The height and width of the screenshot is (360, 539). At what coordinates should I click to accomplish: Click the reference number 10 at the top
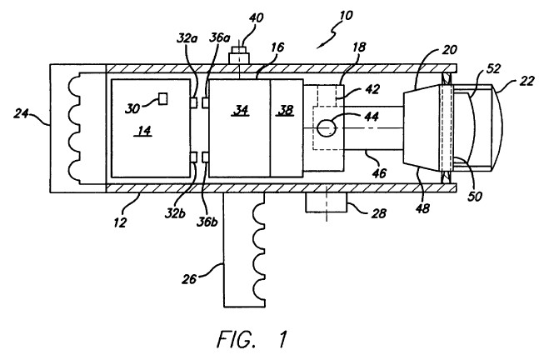tap(346, 16)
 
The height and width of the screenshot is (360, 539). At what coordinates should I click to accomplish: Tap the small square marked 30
tap(162, 98)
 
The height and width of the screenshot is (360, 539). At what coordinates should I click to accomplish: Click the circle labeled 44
tap(326, 127)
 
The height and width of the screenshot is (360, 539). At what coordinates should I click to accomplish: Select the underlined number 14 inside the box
tap(144, 131)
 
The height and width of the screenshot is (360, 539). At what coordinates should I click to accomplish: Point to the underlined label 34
tap(242, 110)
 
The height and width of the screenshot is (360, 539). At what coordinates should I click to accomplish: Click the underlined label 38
tap(285, 110)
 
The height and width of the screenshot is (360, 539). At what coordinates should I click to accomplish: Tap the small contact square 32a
tap(194, 102)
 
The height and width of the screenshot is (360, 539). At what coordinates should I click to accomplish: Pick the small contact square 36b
tap(205, 157)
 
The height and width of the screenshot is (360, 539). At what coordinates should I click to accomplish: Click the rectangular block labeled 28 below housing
tap(327, 202)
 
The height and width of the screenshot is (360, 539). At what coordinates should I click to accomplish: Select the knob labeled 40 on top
tap(239, 55)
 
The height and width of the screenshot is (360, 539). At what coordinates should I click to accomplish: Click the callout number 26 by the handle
tap(188, 279)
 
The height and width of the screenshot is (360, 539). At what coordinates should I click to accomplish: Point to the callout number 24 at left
tap(21, 113)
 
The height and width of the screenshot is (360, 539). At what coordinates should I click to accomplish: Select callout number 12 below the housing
tap(120, 223)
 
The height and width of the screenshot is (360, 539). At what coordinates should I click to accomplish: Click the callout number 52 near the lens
tap(493, 69)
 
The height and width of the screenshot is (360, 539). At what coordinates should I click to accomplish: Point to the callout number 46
tap(379, 172)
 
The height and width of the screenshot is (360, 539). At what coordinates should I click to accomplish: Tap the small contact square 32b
tap(194, 157)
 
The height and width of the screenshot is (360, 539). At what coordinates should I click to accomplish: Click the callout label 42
tap(372, 89)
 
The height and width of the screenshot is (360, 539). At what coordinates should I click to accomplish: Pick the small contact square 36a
tap(205, 102)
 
